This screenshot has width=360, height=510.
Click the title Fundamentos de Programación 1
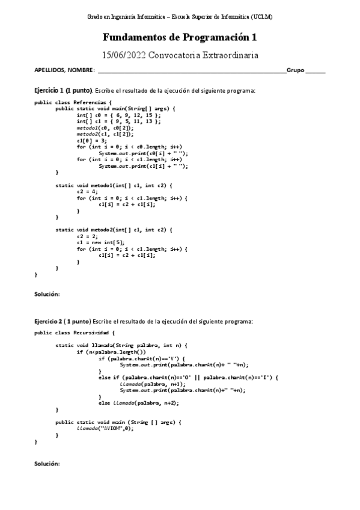tap(180, 37)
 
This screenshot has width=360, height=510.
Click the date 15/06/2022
tap(124, 55)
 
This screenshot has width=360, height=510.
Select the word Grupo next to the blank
tap(295, 70)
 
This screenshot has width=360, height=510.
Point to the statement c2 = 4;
tap(87, 191)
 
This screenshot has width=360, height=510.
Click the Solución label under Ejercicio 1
tap(47, 294)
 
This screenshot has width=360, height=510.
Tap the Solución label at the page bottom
tap(47, 464)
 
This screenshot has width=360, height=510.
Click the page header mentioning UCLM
tap(180, 17)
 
